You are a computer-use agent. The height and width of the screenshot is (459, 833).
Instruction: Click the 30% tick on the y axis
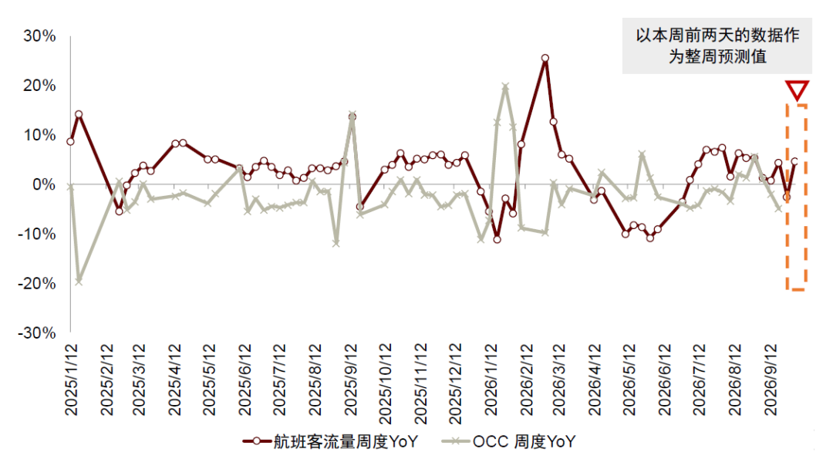point(39,36)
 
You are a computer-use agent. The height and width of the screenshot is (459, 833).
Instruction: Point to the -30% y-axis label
point(37,333)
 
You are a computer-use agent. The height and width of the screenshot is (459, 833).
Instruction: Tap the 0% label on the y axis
point(44,185)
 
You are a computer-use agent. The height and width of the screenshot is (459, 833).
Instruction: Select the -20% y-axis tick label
point(37,284)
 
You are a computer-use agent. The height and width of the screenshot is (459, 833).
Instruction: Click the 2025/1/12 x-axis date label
point(71,380)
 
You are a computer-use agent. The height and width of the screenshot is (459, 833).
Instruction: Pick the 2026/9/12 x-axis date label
point(771,380)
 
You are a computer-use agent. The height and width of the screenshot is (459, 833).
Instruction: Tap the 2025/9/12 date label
point(351,380)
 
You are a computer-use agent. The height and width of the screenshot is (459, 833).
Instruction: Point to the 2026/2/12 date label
point(526,380)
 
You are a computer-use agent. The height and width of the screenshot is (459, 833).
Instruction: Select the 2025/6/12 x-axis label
point(245,380)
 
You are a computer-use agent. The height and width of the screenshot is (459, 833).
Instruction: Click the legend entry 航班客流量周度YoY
point(330,441)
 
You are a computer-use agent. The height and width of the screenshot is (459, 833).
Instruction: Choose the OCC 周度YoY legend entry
point(508,441)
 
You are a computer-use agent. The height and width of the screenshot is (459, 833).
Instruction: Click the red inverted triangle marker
point(797,90)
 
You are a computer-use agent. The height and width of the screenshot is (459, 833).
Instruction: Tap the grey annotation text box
point(717,46)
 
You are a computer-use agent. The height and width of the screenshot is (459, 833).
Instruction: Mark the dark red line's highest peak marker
point(545,59)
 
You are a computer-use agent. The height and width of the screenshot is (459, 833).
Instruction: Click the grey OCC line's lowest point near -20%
point(79,281)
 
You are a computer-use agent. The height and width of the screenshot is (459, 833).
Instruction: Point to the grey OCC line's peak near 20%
point(505,86)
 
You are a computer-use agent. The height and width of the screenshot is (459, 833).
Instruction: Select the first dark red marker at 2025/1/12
point(71,142)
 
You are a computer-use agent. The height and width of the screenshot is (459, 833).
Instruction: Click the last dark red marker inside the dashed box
point(794,161)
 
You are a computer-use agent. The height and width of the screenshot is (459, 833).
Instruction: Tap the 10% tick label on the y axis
point(39,136)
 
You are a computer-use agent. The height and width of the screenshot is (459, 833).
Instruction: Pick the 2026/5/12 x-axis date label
point(629,380)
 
